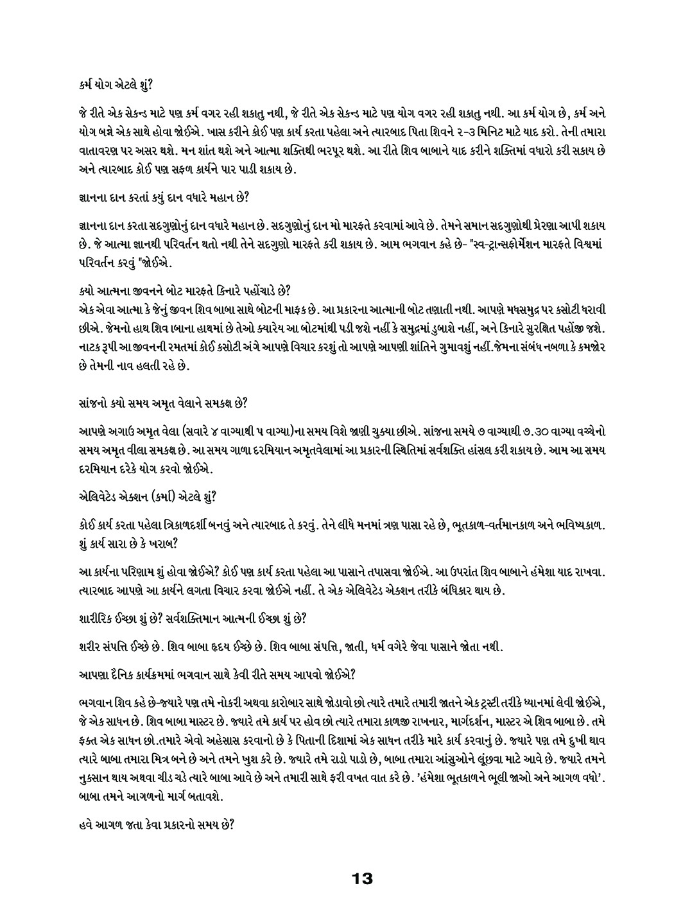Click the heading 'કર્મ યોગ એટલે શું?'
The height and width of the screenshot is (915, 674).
111,82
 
